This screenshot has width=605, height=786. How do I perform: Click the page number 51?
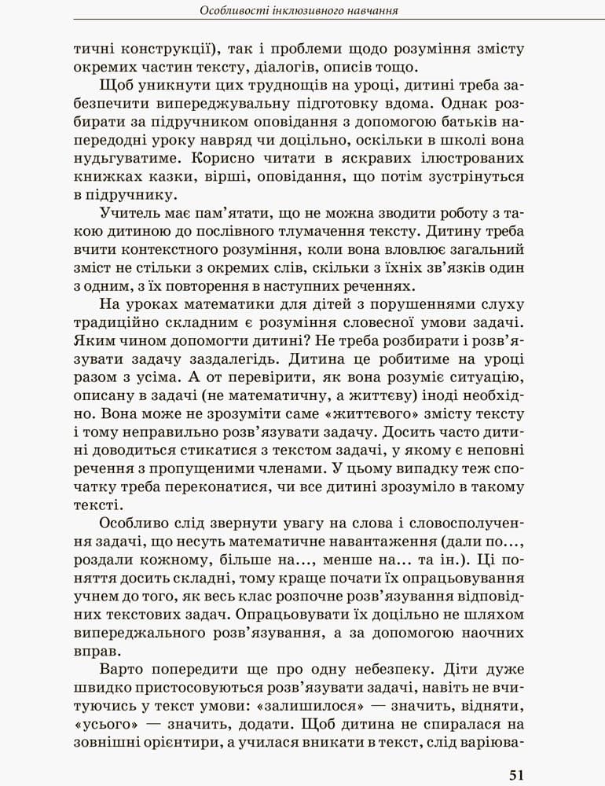516,774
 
